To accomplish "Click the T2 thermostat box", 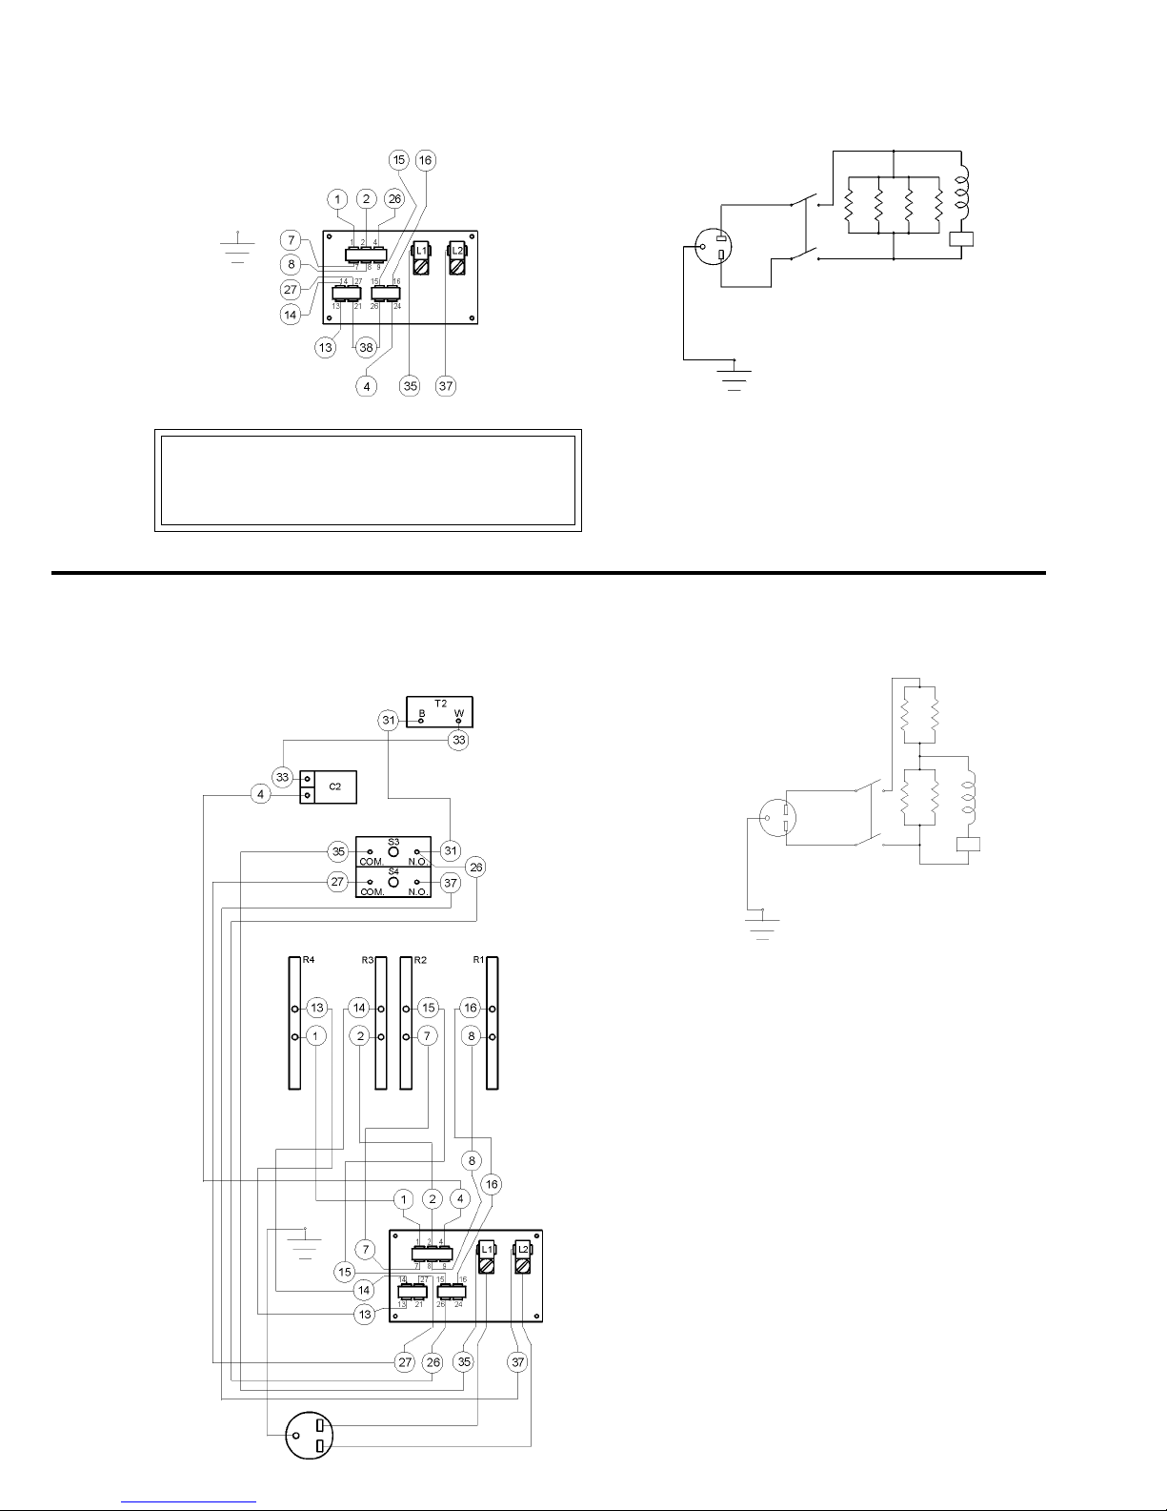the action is coord(439,712).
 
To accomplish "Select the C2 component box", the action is coord(328,786).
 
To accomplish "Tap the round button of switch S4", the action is coord(392,883).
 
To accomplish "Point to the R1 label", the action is coord(479,960).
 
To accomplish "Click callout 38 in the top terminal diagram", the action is coord(366,348).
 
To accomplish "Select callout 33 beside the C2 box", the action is coord(283,777).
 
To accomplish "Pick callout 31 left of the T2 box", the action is coord(389,721).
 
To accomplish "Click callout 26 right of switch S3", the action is coord(476,868).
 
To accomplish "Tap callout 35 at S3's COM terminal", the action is coord(338,851).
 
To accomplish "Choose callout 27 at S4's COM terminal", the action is coord(338,883).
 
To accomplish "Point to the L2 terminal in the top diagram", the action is coord(457,258).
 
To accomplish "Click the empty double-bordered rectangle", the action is coord(368,480).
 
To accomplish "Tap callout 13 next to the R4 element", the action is coord(317,1008).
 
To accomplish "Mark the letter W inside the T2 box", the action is coord(459,713).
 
